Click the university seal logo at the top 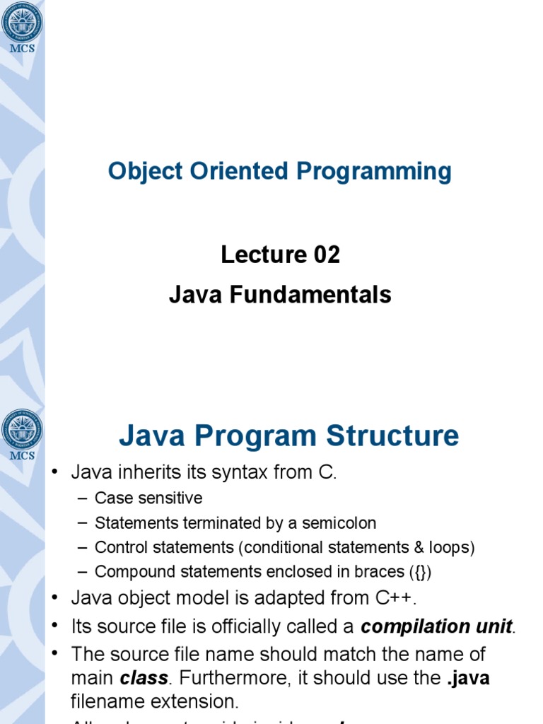click(22, 22)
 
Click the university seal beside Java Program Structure click(22, 430)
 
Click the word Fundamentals click(314, 294)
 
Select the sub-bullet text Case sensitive click(148, 498)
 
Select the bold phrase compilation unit click(436, 626)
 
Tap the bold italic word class click(144, 678)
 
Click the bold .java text click(467, 678)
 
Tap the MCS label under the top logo click(22, 49)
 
